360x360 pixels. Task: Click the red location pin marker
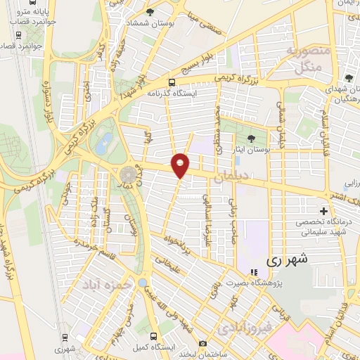181,165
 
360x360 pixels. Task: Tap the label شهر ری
286,259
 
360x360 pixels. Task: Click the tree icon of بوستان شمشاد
150,12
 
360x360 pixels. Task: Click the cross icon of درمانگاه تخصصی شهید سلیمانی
323,211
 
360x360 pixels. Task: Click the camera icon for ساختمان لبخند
202,344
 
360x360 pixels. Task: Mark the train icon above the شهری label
65,336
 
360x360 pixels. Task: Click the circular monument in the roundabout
127,173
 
